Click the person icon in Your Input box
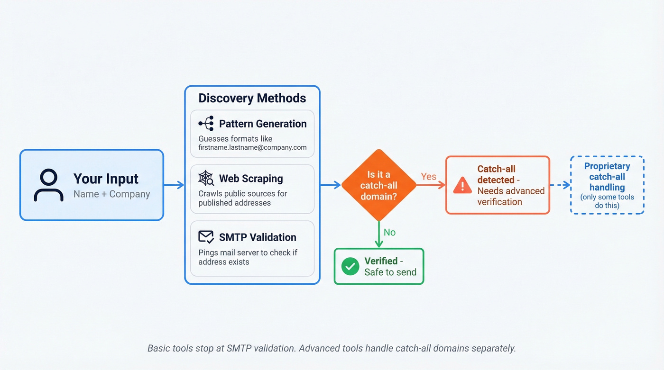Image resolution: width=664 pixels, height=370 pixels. [48, 185]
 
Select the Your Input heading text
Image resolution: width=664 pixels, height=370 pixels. [106, 179]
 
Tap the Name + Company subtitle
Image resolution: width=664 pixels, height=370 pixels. [111, 194]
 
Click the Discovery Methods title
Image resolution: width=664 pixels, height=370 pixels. [252, 98]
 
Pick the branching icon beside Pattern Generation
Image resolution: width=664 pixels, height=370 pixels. [206, 124]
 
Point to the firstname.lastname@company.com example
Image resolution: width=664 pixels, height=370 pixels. [252, 147]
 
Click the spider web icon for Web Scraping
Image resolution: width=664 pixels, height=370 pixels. [206, 179]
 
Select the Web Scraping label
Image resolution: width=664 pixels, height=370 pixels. [251, 179]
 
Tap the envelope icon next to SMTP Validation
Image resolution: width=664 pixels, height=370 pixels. [206, 237]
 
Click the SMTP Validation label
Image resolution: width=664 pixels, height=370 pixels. [258, 237]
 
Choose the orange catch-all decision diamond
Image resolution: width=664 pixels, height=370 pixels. [378, 185]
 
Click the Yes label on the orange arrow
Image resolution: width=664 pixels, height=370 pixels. [429, 177]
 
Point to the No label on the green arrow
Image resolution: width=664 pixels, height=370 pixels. [389, 232]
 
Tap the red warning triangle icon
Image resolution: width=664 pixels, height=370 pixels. [462, 186]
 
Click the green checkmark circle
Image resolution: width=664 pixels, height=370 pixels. [350, 266]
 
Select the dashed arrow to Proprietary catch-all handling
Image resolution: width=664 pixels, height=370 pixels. [560, 185]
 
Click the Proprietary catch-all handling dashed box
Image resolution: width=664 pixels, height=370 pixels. [607, 185]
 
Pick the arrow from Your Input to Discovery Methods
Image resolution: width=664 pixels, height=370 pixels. [174, 185]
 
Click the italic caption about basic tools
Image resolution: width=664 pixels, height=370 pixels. [332, 348]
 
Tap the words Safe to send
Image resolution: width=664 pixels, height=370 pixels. [390, 272]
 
